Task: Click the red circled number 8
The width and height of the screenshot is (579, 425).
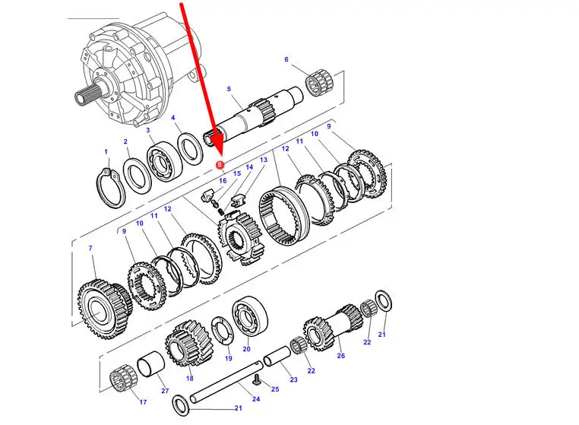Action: tap(220, 164)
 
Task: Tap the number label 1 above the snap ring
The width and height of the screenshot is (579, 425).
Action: tap(106, 151)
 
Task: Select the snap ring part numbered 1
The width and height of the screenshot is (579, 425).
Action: tap(111, 187)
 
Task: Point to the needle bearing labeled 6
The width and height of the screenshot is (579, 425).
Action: tap(320, 82)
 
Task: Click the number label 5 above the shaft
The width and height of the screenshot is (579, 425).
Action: tap(229, 89)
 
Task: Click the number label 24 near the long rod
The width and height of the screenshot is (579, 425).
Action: tap(256, 398)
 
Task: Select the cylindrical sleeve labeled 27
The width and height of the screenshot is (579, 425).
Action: tap(150, 364)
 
